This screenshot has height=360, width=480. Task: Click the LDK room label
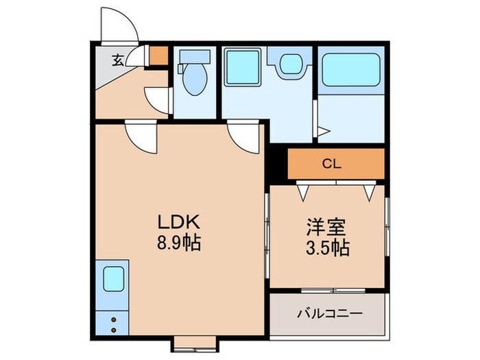click(x=179, y=222)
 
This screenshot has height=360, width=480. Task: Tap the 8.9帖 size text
click(x=179, y=243)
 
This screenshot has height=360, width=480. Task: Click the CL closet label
click(x=333, y=165)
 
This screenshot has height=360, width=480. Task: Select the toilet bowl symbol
click(x=191, y=75)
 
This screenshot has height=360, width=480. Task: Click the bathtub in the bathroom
click(x=350, y=69)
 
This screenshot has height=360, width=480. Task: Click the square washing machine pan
click(x=241, y=67)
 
